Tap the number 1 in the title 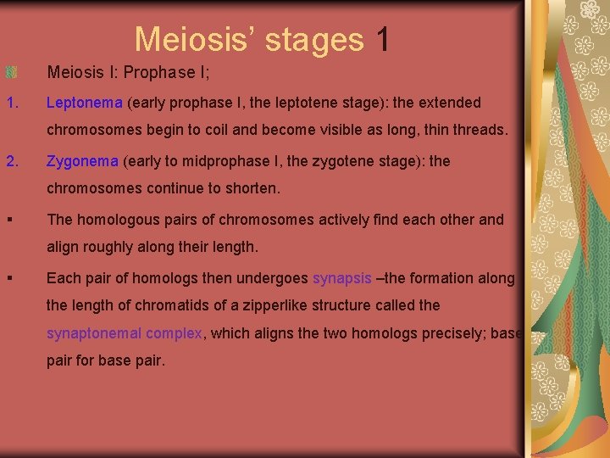(x=383, y=39)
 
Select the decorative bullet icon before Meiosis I (x=11, y=73)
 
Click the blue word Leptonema (x=84, y=103)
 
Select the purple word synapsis (x=341, y=278)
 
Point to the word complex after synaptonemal (x=174, y=333)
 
